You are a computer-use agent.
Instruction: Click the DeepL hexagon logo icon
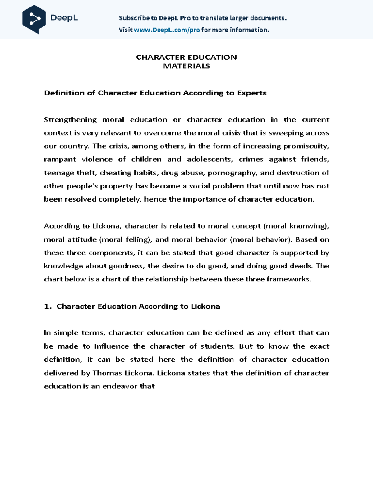tap(34, 19)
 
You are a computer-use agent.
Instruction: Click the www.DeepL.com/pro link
tap(166, 30)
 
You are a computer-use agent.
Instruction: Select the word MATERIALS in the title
tap(186, 66)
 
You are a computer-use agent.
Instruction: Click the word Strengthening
tap(70, 120)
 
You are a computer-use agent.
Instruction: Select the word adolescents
tap(210, 159)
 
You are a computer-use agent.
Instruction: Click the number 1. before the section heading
tap(48, 306)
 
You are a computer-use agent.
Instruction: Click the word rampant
tap(60, 160)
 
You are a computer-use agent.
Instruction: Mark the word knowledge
tap(63, 266)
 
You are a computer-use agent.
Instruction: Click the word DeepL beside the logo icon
tap(64, 18)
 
